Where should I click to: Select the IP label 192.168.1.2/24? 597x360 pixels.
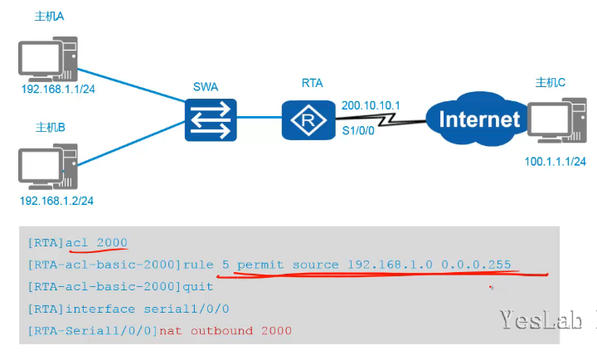click(56, 201)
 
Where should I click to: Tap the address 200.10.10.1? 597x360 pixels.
click(370, 105)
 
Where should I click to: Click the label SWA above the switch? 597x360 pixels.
click(207, 86)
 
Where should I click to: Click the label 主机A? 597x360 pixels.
click(51, 17)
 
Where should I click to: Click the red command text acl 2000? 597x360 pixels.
click(97, 242)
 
